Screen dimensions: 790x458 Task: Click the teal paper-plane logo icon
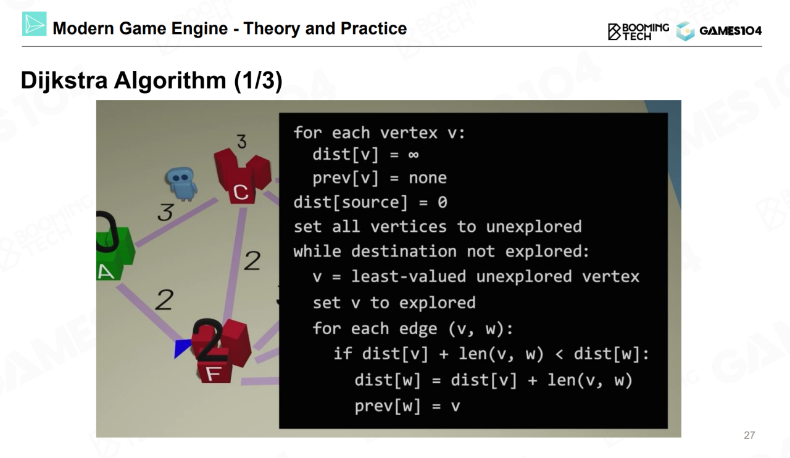tap(34, 23)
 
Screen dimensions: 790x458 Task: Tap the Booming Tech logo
tap(638, 31)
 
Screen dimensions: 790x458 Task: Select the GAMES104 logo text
tap(730, 31)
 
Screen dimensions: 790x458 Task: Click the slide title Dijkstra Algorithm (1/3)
tap(152, 81)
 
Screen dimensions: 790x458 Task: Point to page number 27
tap(749, 435)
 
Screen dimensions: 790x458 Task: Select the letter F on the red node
tap(214, 374)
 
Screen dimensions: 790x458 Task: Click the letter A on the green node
tap(106, 272)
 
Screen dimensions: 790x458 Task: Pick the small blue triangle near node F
tap(182, 348)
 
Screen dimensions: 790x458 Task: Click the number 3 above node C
tap(241, 142)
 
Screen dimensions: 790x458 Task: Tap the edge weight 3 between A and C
tap(166, 212)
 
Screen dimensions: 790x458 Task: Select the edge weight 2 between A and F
tap(164, 300)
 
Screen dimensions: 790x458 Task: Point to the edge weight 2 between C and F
tap(252, 261)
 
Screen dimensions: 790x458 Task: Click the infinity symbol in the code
tap(414, 155)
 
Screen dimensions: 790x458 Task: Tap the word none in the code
tap(428, 178)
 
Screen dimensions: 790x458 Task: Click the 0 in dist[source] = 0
tap(443, 203)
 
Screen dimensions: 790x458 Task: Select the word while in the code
tap(317, 251)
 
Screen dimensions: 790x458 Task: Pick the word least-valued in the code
tap(409, 277)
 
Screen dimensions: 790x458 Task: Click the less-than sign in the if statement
tap(559, 354)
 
